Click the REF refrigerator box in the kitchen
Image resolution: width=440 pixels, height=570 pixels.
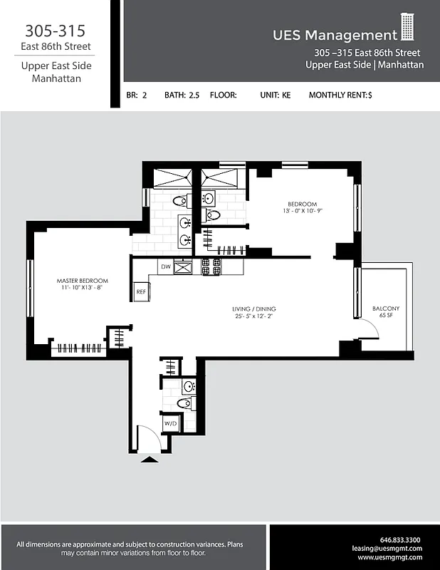click(x=141, y=291)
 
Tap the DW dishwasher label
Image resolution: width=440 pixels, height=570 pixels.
click(x=164, y=267)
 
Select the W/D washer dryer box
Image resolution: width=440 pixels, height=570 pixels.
click(x=171, y=423)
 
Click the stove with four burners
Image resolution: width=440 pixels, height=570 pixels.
click(x=211, y=267)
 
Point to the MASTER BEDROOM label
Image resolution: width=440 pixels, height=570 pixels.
click(x=83, y=281)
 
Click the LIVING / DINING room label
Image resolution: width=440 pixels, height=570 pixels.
click(x=251, y=309)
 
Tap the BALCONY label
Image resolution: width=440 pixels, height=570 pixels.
click(x=386, y=309)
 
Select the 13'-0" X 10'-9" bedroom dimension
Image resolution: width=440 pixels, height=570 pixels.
click(x=302, y=211)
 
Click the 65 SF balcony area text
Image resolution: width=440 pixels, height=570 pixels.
click(x=386, y=316)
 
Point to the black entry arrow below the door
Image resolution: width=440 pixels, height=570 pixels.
click(x=150, y=460)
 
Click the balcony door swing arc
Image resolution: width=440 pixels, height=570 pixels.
click(x=367, y=329)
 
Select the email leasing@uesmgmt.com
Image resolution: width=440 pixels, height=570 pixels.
click(x=387, y=549)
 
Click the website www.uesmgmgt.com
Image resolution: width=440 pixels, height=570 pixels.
click(x=389, y=558)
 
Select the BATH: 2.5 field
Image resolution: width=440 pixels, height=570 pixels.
click(x=182, y=95)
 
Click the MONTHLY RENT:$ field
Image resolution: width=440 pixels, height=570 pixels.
click(x=340, y=95)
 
